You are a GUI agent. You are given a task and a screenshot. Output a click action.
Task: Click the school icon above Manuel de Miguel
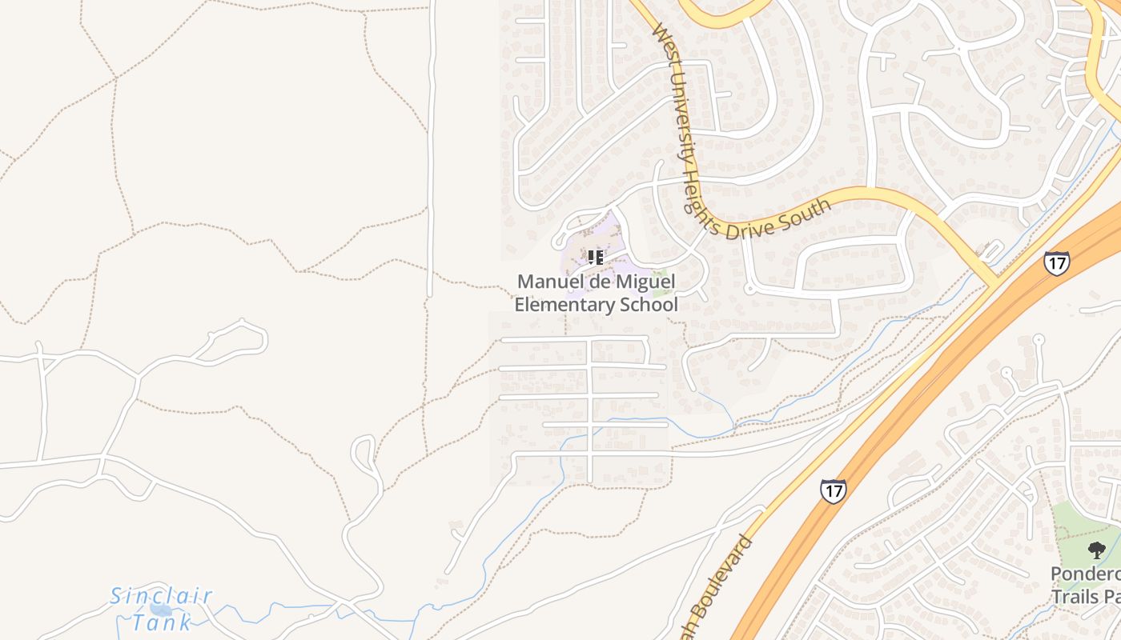click(595, 257)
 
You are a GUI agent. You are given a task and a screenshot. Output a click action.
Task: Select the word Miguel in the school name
click(648, 282)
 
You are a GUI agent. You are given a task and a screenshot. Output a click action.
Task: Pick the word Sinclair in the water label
click(161, 596)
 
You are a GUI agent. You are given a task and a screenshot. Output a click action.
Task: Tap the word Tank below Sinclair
click(162, 622)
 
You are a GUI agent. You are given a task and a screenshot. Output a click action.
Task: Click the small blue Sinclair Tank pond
click(159, 612)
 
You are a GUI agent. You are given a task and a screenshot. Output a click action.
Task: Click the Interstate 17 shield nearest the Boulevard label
click(833, 490)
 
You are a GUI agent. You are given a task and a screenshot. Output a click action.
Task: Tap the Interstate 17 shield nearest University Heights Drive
click(1056, 262)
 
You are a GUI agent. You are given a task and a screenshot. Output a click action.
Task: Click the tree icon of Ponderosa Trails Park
click(1096, 550)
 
